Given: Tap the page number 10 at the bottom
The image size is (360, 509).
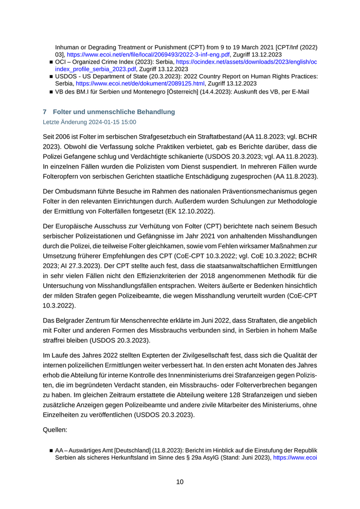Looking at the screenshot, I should point(179,482).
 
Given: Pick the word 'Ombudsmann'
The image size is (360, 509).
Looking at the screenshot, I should point(81,190).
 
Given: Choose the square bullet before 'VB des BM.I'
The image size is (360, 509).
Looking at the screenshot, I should point(51,92).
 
